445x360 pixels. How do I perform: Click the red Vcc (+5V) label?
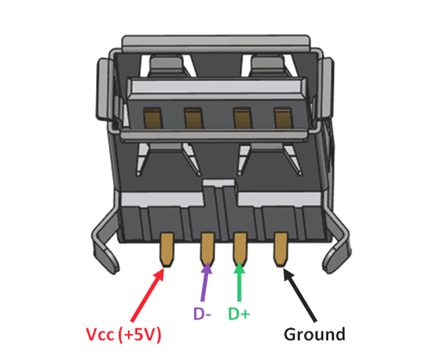124,333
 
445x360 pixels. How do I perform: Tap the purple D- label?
202,314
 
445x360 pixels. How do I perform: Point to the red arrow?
149,290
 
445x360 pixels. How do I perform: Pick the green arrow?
241,283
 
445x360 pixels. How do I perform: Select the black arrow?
299,288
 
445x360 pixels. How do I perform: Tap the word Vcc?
99,333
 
